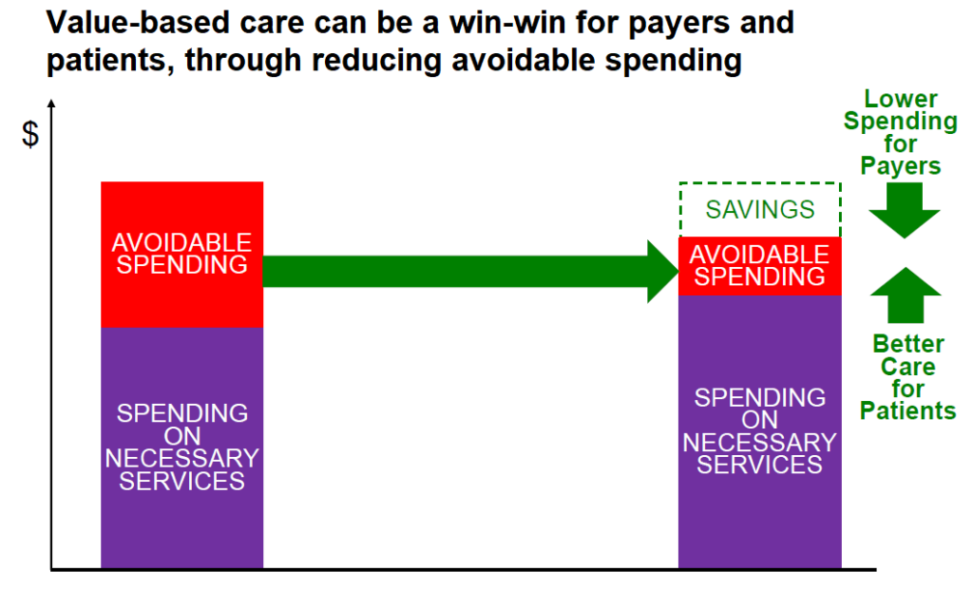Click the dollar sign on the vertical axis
(x=29, y=134)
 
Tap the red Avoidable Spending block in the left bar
(x=181, y=255)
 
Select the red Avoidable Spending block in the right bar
(x=759, y=266)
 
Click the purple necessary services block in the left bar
(x=181, y=447)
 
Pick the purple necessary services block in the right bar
(x=759, y=431)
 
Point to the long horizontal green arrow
(x=471, y=271)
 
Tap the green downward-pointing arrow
(x=905, y=211)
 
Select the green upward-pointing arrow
(x=906, y=295)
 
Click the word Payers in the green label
(x=901, y=166)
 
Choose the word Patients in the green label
(x=907, y=410)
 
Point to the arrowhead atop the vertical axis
(x=51, y=104)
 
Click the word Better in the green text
(x=908, y=344)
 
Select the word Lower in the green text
(x=901, y=99)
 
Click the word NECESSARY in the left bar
(x=181, y=459)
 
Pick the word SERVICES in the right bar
(x=759, y=465)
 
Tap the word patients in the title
(x=110, y=61)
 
